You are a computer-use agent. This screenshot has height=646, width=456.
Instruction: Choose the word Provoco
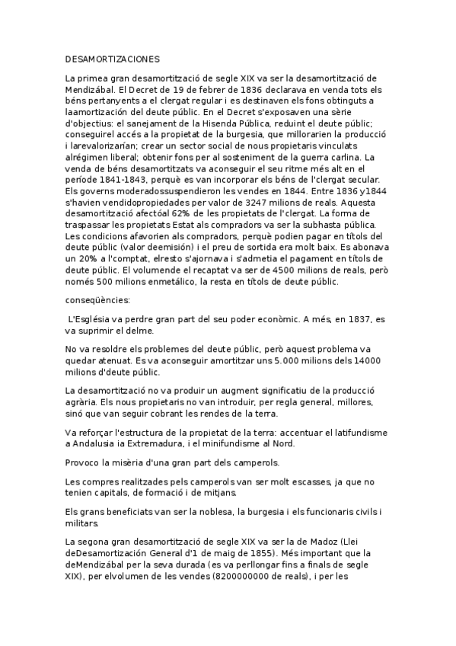[83, 463]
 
